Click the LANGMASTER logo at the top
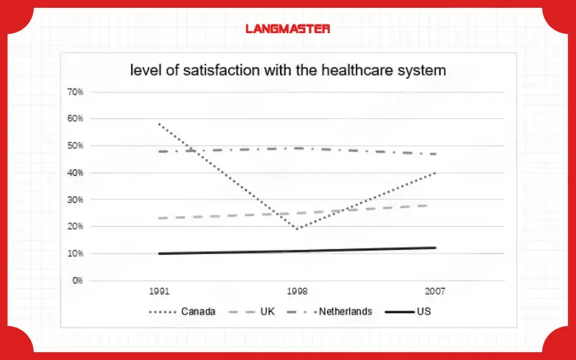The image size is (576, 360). (287, 29)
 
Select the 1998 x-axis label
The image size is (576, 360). (297, 292)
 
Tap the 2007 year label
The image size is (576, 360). (435, 292)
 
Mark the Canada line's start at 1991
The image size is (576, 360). (158, 124)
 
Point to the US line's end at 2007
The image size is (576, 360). (435, 248)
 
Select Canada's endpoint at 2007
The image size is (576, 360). (435, 173)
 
